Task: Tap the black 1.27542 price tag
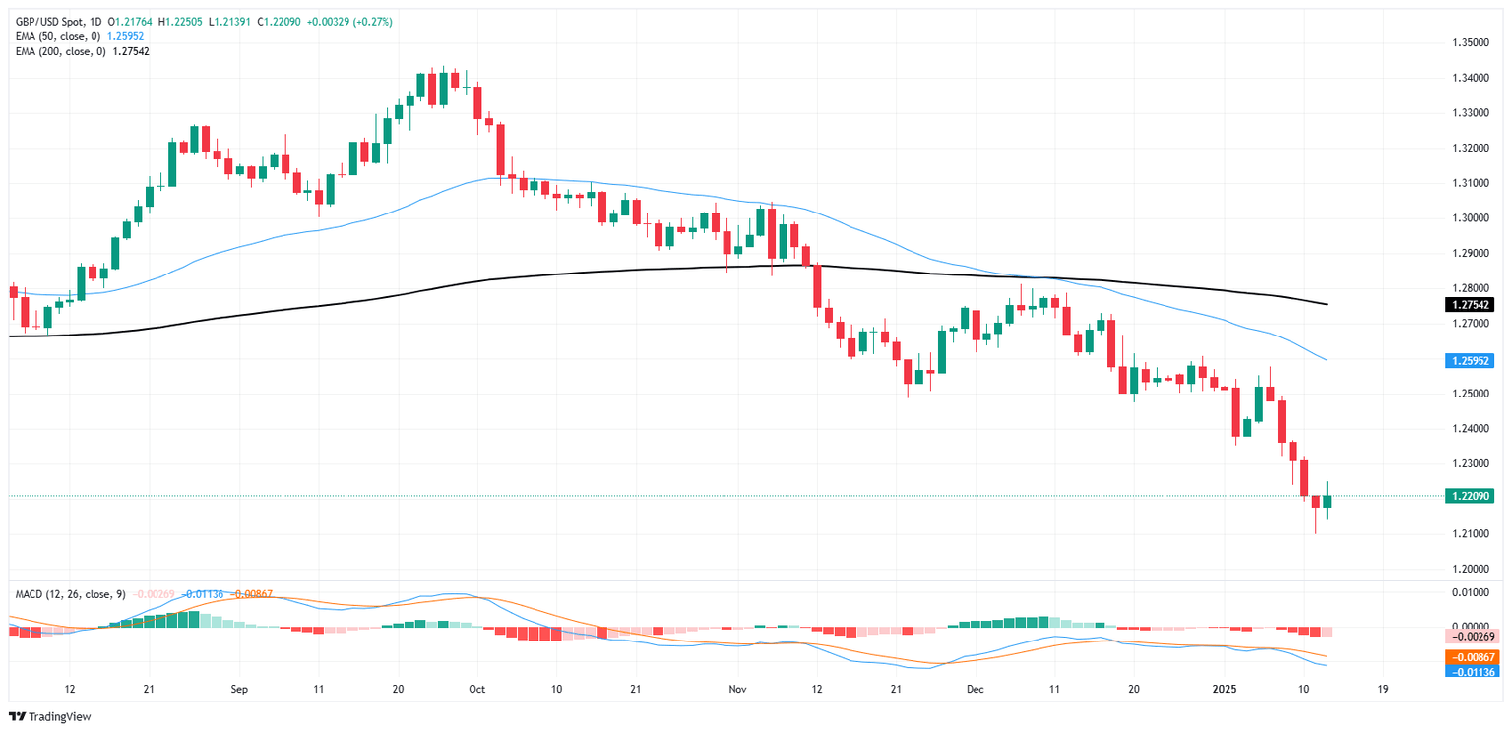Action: click(1472, 305)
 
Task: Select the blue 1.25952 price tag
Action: click(1472, 361)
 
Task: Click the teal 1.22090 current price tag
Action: click(1472, 496)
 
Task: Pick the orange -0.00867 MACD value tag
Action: click(1472, 656)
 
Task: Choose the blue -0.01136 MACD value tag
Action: click(1472, 672)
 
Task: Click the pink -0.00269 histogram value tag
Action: click(1472, 637)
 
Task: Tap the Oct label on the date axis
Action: click(477, 690)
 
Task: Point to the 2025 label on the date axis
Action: click(1226, 690)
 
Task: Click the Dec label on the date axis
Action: click(975, 690)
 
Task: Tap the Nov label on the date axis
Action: click(736, 690)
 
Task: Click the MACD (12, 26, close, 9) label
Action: click(66, 594)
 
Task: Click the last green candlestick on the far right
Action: click(1327, 502)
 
